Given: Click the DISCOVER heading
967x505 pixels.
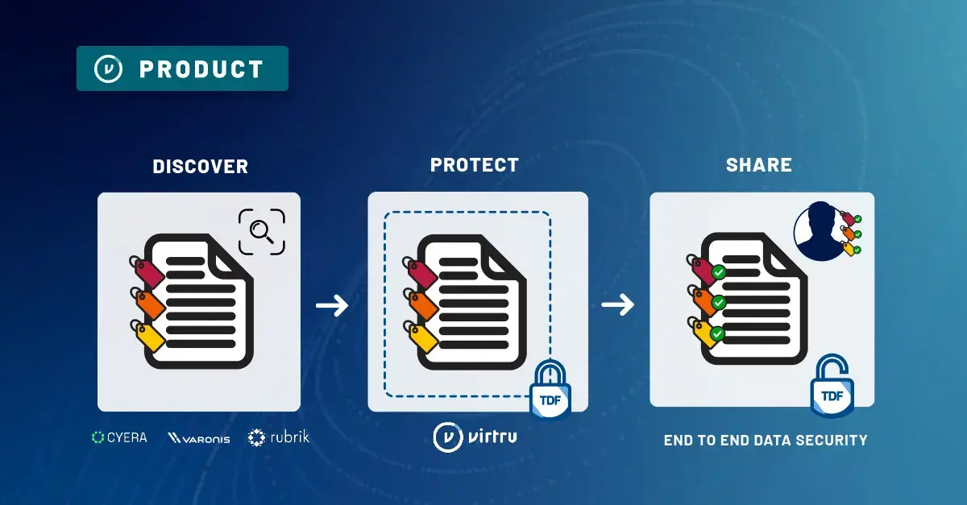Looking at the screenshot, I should coord(200,167).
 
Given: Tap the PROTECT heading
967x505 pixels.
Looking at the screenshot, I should coord(475,165).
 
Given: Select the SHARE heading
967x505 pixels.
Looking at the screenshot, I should coord(758,165).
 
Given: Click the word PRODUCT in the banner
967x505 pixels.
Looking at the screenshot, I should coord(201,69).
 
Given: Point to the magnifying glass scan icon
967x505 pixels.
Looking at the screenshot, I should coord(262,231).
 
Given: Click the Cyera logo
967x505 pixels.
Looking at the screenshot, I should coord(119,437).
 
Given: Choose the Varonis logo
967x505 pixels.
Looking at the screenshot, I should coord(198,438).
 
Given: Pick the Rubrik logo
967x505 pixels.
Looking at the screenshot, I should coord(279,437).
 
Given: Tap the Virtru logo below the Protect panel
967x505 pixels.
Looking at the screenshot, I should coord(475,437).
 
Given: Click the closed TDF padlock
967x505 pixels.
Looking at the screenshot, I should coord(550,390).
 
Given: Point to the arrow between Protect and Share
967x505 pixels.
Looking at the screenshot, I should coord(618,305).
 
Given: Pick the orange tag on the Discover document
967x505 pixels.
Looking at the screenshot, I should coord(148,304).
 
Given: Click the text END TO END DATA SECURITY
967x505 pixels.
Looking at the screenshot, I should coord(766,441).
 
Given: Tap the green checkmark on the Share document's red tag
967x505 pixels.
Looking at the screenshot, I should coord(719,273).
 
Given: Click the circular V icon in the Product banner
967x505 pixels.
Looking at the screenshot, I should coord(108,69).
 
